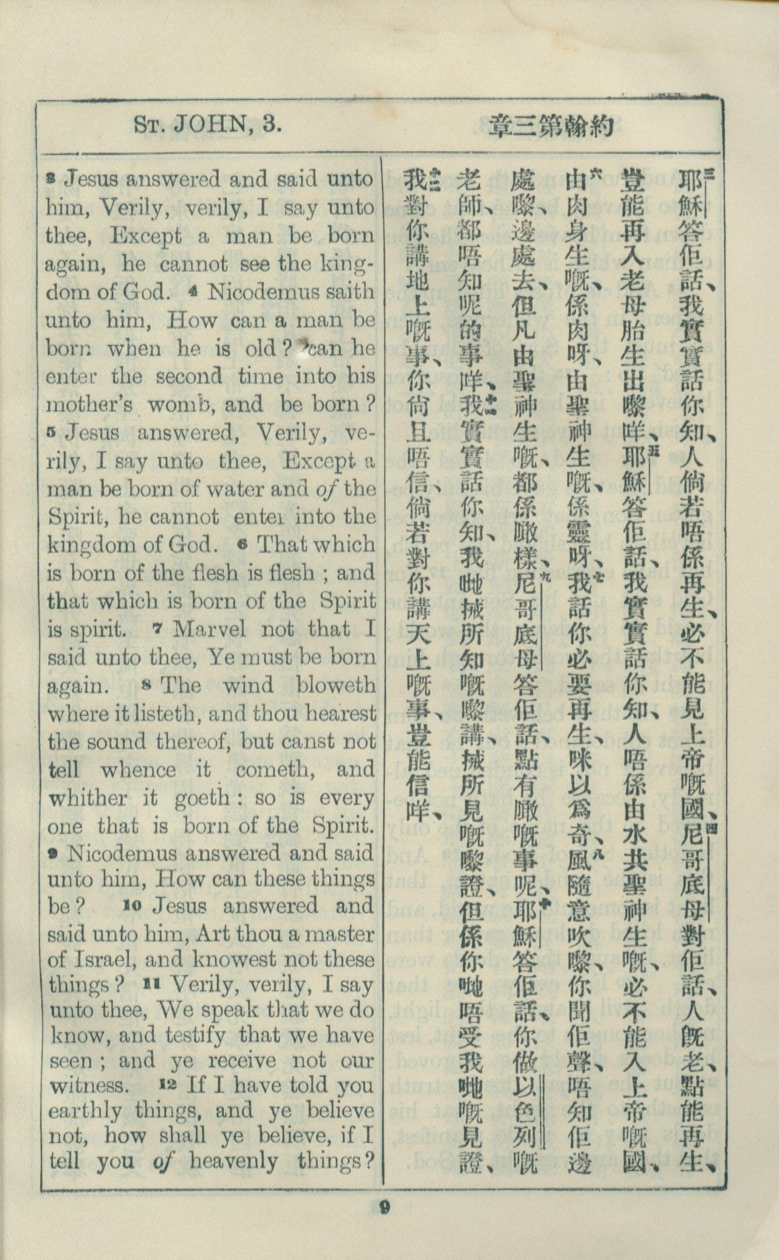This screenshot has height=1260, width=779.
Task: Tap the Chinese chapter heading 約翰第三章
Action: [552, 125]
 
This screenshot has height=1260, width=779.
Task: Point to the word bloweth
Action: [336, 684]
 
